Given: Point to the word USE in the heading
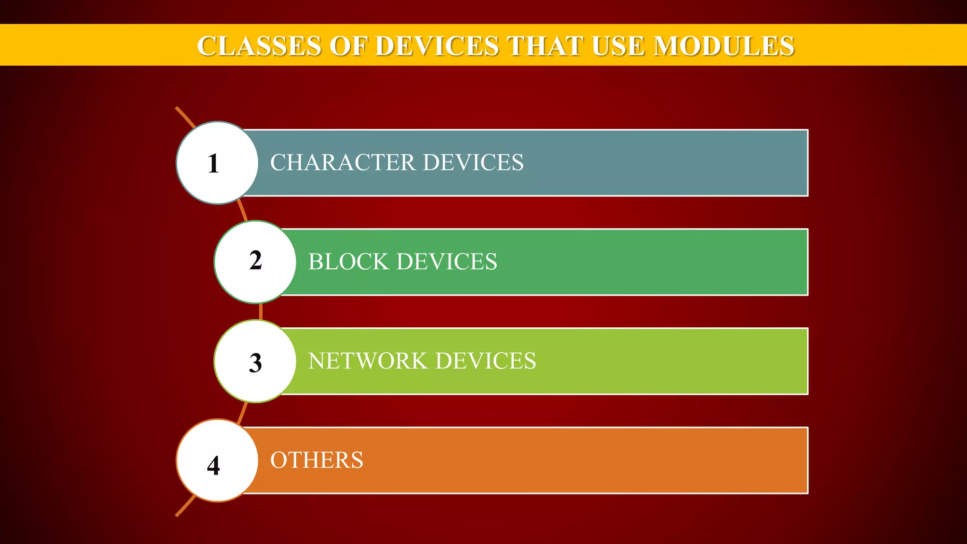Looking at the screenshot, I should [618, 46].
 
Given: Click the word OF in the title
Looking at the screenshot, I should [348, 46].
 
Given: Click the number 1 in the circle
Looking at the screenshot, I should [213, 163].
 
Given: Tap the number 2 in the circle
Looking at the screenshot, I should [255, 261].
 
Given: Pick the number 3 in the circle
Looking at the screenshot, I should [255, 363].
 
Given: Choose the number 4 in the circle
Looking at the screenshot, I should [213, 466].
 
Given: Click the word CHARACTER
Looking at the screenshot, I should [342, 162].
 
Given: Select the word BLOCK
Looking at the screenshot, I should [348, 262].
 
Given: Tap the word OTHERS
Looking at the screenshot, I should [316, 460].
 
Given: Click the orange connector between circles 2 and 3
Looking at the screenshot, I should [261, 312].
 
